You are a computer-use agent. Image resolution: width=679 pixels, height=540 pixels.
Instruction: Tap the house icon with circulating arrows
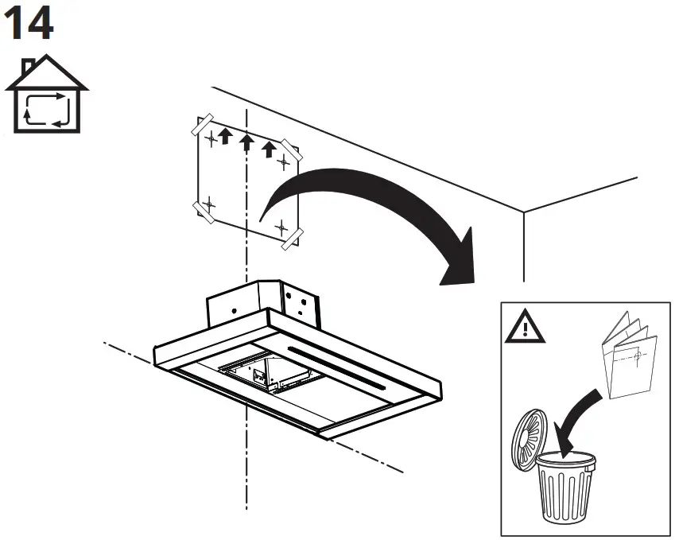[x=45, y=95]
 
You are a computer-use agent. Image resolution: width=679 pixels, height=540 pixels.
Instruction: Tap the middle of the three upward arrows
[x=247, y=142]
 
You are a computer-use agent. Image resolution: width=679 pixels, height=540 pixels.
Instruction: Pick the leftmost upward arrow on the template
[x=225, y=136]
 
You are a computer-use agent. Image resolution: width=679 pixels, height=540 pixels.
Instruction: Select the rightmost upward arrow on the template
[x=270, y=149]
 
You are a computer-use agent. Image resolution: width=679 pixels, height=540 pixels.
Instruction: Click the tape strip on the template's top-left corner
[x=202, y=126]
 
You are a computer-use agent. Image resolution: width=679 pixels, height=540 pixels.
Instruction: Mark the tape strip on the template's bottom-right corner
[x=292, y=238]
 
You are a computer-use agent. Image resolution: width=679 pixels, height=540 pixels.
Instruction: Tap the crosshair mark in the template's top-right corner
[x=283, y=163]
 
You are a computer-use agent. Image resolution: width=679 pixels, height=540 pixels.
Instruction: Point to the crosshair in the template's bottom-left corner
[x=209, y=204]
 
